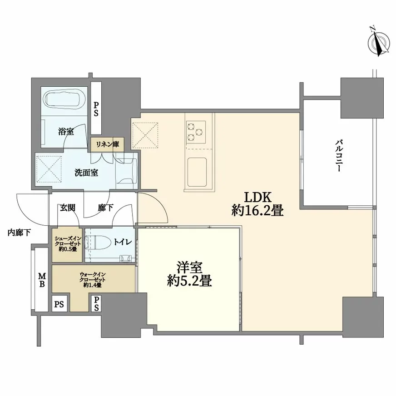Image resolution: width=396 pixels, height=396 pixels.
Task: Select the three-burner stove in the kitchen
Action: click(196, 131)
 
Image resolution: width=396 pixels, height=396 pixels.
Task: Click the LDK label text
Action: click(257, 197)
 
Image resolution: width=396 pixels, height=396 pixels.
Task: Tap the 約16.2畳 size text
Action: click(257, 211)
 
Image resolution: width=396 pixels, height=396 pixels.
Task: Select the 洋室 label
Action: click(190, 267)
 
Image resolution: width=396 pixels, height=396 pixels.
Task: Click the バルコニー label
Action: click(339, 156)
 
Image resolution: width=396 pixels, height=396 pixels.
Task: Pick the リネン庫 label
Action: click(107, 144)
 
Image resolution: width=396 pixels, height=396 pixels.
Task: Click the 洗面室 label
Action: click(86, 173)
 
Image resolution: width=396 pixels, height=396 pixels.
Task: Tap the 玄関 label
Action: click(67, 208)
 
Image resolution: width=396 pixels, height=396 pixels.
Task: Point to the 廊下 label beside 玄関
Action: click(105, 208)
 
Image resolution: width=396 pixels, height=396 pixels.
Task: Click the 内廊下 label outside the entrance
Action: click(19, 233)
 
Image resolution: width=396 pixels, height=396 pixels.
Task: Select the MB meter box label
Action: click(42, 279)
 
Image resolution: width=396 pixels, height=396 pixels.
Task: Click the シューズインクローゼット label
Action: click(68, 244)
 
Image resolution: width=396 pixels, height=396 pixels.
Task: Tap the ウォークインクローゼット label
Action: click(93, 280)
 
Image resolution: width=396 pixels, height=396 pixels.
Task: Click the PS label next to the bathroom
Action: click(96, 109)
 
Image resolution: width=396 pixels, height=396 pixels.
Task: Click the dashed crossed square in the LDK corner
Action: click(145, 134)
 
